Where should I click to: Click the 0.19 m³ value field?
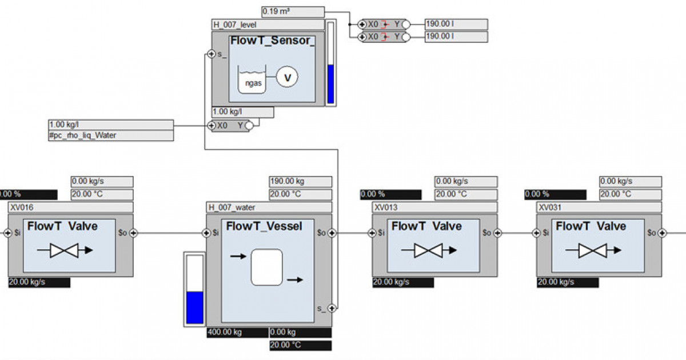pyautogui.click(x=293, y=11)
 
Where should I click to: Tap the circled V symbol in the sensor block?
pyautogui.click(x=287, y=76)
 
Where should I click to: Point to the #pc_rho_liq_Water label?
pyautogui.click(x=111, y=135)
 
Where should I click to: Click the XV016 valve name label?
pyautogui.click(x=70, y=207)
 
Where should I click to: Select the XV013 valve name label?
pyautogui.click(x=434, y=207)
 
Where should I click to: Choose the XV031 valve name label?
pyautogui.click(x=599, y=207)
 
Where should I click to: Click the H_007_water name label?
pyautogui.click(x=268, y=207)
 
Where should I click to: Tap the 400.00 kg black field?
pyautogui.click(x=237, y=333)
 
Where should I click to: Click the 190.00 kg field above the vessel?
pyautogui.click(x=300, y=182)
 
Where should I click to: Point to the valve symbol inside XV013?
pyautogui.click(x=428, y=250)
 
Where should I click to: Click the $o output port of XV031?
pyautogui.click(x=662, y=233)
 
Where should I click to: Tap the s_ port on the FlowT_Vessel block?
pyautogui.click(x=332, y=308)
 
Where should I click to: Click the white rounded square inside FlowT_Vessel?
pyautogui.click(x=266, y=267)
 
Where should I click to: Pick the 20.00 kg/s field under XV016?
pyautogui.click(x=39, y=282)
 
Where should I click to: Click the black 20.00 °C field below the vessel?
pyautogui.click(x=300, y=345)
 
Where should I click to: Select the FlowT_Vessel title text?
pyautogui.click(x=264, y=226)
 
